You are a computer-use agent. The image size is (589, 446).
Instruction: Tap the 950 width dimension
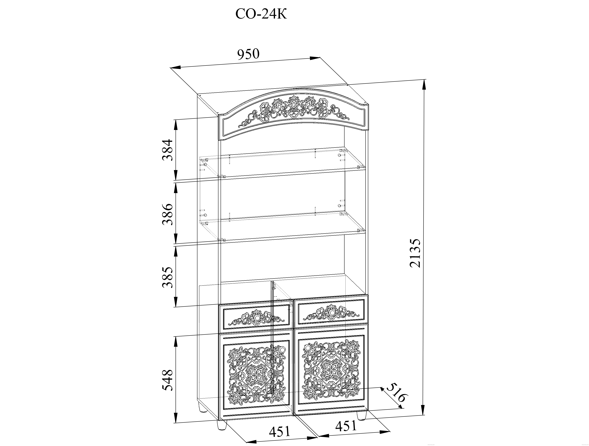pos(248,54)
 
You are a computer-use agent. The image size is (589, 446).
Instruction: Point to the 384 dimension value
pos(168,150)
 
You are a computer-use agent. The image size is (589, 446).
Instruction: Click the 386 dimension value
pos(168,214)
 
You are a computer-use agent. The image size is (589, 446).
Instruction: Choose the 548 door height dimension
pos(168,380)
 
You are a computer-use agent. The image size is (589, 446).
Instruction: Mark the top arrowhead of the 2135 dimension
pos(423,85)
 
